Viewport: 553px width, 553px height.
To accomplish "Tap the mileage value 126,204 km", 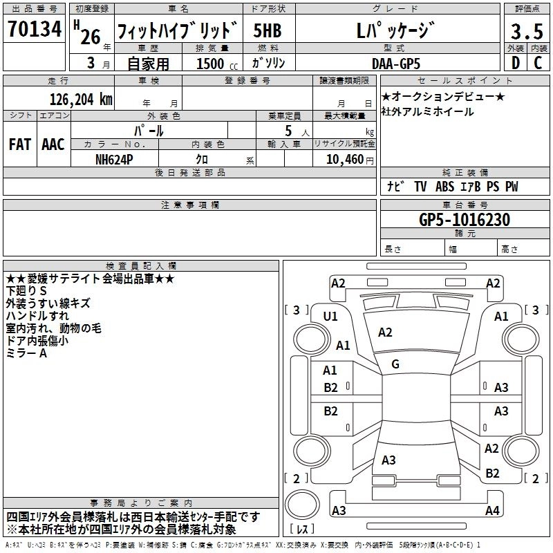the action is [82, 99].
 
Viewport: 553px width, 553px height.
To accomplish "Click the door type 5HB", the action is [268, 32].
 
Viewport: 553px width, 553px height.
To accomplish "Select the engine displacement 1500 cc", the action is [210, 64].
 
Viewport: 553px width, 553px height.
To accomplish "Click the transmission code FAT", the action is [20, 144].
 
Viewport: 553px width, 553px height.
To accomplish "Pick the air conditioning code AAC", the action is [53, 144].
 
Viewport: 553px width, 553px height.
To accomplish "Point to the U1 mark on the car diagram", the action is [330, 317].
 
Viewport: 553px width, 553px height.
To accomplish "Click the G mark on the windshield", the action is [395, 364].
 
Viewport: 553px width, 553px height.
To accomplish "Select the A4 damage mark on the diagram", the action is [491, 511].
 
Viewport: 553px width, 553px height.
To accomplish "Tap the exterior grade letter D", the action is [515, 64].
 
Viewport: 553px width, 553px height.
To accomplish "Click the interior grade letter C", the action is [538, 64].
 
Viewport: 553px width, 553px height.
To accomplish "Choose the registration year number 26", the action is [90, 37].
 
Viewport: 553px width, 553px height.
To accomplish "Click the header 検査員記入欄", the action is [141, 266].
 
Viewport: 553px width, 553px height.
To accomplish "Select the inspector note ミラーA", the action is [26, 353].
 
